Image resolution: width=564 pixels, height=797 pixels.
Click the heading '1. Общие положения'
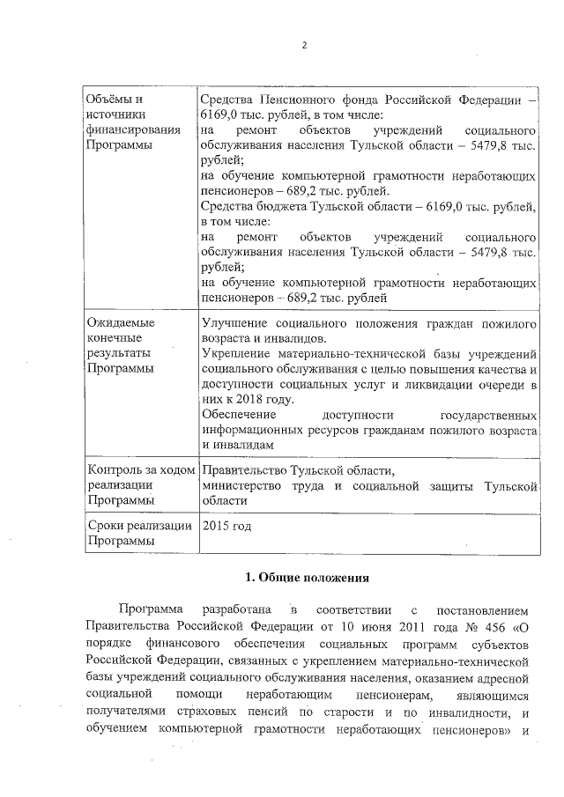click(x=302, y=578)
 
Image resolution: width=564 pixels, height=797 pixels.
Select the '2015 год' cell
click(x=227, y=526)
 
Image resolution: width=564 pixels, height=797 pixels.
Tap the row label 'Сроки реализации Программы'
click(x=139, y=534)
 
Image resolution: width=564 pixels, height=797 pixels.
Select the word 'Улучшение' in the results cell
click(x=235, y=322)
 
